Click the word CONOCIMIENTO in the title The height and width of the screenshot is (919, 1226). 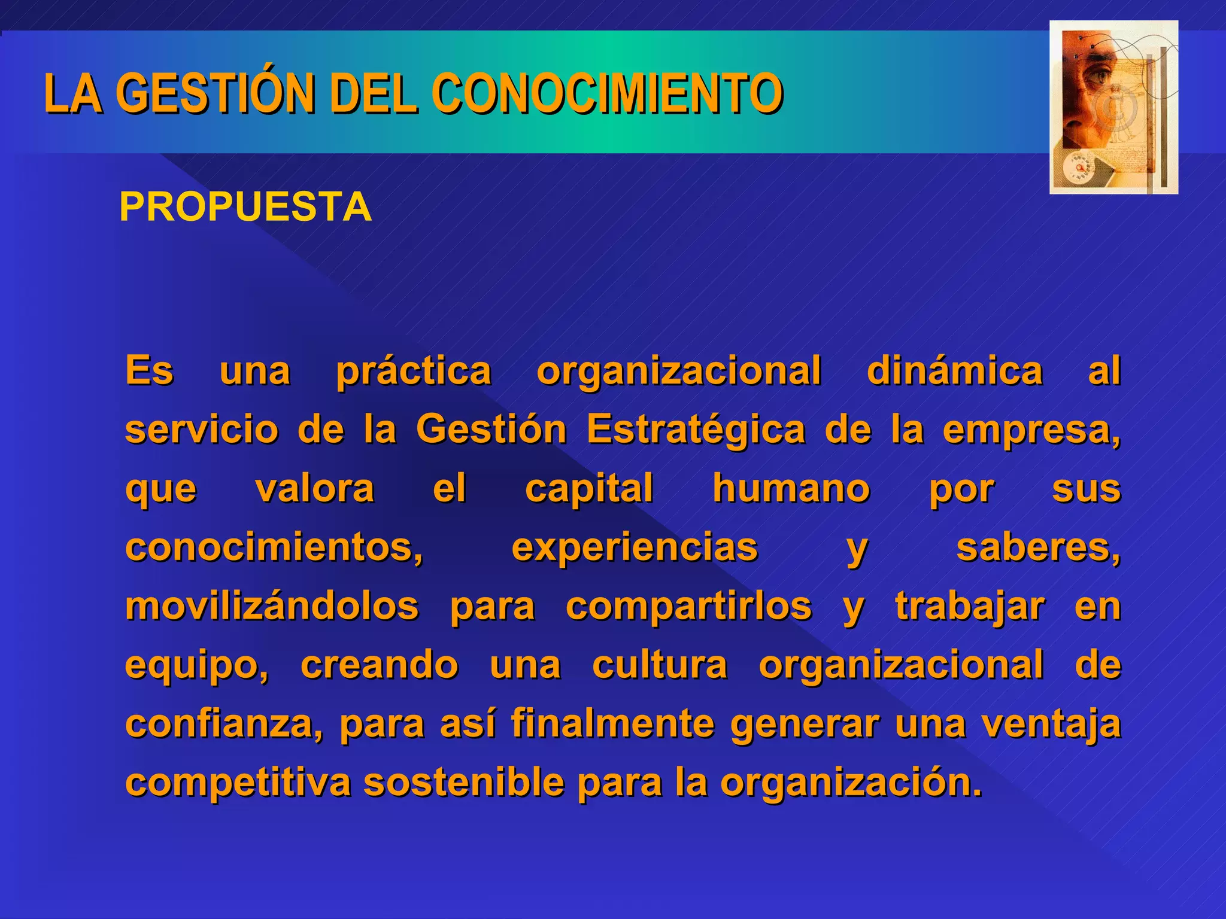coord(607,93)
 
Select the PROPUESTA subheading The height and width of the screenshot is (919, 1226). coord(245,207)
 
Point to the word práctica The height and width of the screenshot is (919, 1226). coord(414,372)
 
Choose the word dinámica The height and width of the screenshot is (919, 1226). coord(955,372)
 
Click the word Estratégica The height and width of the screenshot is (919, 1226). coord(696,430)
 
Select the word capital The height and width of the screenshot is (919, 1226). coord(589,489)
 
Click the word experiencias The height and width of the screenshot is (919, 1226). coord(635,547)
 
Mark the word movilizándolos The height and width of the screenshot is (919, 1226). coord(272,606)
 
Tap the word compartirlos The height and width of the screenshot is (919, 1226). coord(689,606)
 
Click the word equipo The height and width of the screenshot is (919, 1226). coord(195,665)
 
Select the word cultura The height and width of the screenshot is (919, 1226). coord(660,665)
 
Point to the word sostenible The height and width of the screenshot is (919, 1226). coord(463,782)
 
